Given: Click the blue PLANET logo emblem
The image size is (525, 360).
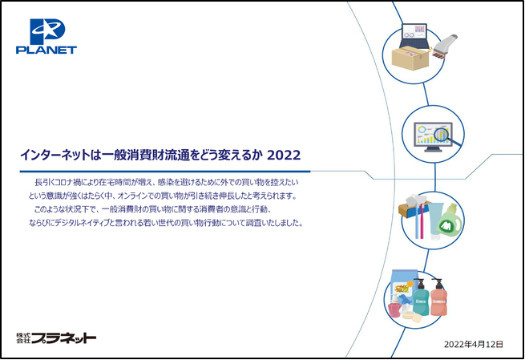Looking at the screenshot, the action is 47,31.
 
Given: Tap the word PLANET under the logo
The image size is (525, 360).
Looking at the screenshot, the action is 46,51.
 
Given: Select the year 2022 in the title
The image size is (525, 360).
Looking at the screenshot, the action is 284,156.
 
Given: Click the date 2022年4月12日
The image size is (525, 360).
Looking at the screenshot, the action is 474,344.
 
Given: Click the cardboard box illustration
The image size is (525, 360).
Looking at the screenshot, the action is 411,58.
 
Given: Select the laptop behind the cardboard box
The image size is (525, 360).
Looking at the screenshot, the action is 414,36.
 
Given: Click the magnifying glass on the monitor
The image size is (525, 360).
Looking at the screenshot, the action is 447,136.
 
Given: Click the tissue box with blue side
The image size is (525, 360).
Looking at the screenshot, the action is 411,207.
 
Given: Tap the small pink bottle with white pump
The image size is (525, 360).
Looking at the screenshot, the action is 394,306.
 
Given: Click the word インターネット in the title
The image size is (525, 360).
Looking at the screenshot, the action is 55,156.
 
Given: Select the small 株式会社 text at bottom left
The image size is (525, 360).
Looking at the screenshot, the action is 23,338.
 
